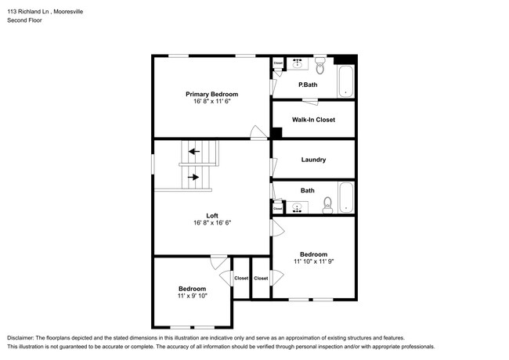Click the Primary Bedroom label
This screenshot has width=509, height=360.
pyautogui.click(x=211, y=94)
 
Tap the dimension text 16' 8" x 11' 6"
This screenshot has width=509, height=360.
pyautogui.click(x=211, y=102)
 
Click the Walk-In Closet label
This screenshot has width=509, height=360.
pyautogui.click(x=313, y=120)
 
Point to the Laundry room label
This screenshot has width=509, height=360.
pyautogui.click(x=313, y=160)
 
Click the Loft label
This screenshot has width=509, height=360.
pyautogui.click(x=211, y=215)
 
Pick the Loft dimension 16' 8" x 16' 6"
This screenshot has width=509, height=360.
pyautogui.click(x=211, y=223)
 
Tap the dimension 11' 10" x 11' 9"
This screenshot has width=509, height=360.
pyautogui.click(x=313, y=262)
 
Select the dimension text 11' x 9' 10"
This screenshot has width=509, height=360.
pyautogui.click(x=192, y=297)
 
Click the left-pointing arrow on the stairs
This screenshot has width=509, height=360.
pyautogui.click(x=193, y=151)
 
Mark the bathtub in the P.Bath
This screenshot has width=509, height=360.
pyautogui.click(x=345, y=81)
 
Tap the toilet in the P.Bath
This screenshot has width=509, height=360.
pyautogui.click(x=319, y=63)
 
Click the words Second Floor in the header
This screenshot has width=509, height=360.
pyautogui.click(x=25, y=20)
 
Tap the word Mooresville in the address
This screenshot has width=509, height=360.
pyautogui.click(x=81, y=11)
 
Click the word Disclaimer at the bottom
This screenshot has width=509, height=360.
pyautogui.click(x=23, y=336)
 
